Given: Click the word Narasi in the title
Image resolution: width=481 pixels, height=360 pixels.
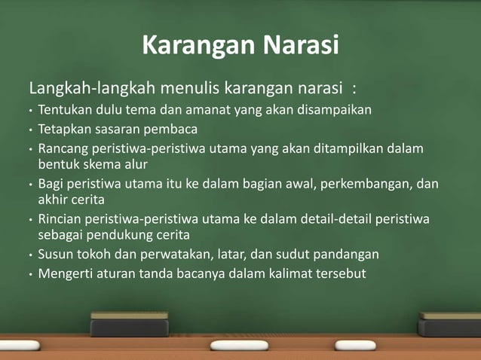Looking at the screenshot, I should pos(300,46).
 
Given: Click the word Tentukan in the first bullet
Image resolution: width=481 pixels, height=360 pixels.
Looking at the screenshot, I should pos(63,110).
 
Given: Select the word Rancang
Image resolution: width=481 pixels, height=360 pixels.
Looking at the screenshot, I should pos(63,148).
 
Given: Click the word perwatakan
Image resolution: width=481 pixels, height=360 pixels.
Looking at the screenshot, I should pos(187,254).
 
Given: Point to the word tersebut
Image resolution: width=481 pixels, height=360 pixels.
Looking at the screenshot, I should pos(341,273).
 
